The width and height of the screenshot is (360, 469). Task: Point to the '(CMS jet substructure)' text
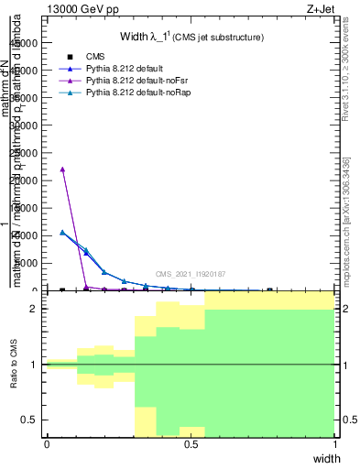tap(219, 38)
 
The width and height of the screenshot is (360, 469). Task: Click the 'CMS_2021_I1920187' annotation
tap(191, 274)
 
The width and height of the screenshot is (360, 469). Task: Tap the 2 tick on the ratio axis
tap(34, 309)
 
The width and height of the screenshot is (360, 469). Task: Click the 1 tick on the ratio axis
tap(34, 365)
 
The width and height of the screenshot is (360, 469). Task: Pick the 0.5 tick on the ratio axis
tap(30, 420)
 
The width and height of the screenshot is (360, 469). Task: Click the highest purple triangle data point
tap(61, 169)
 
